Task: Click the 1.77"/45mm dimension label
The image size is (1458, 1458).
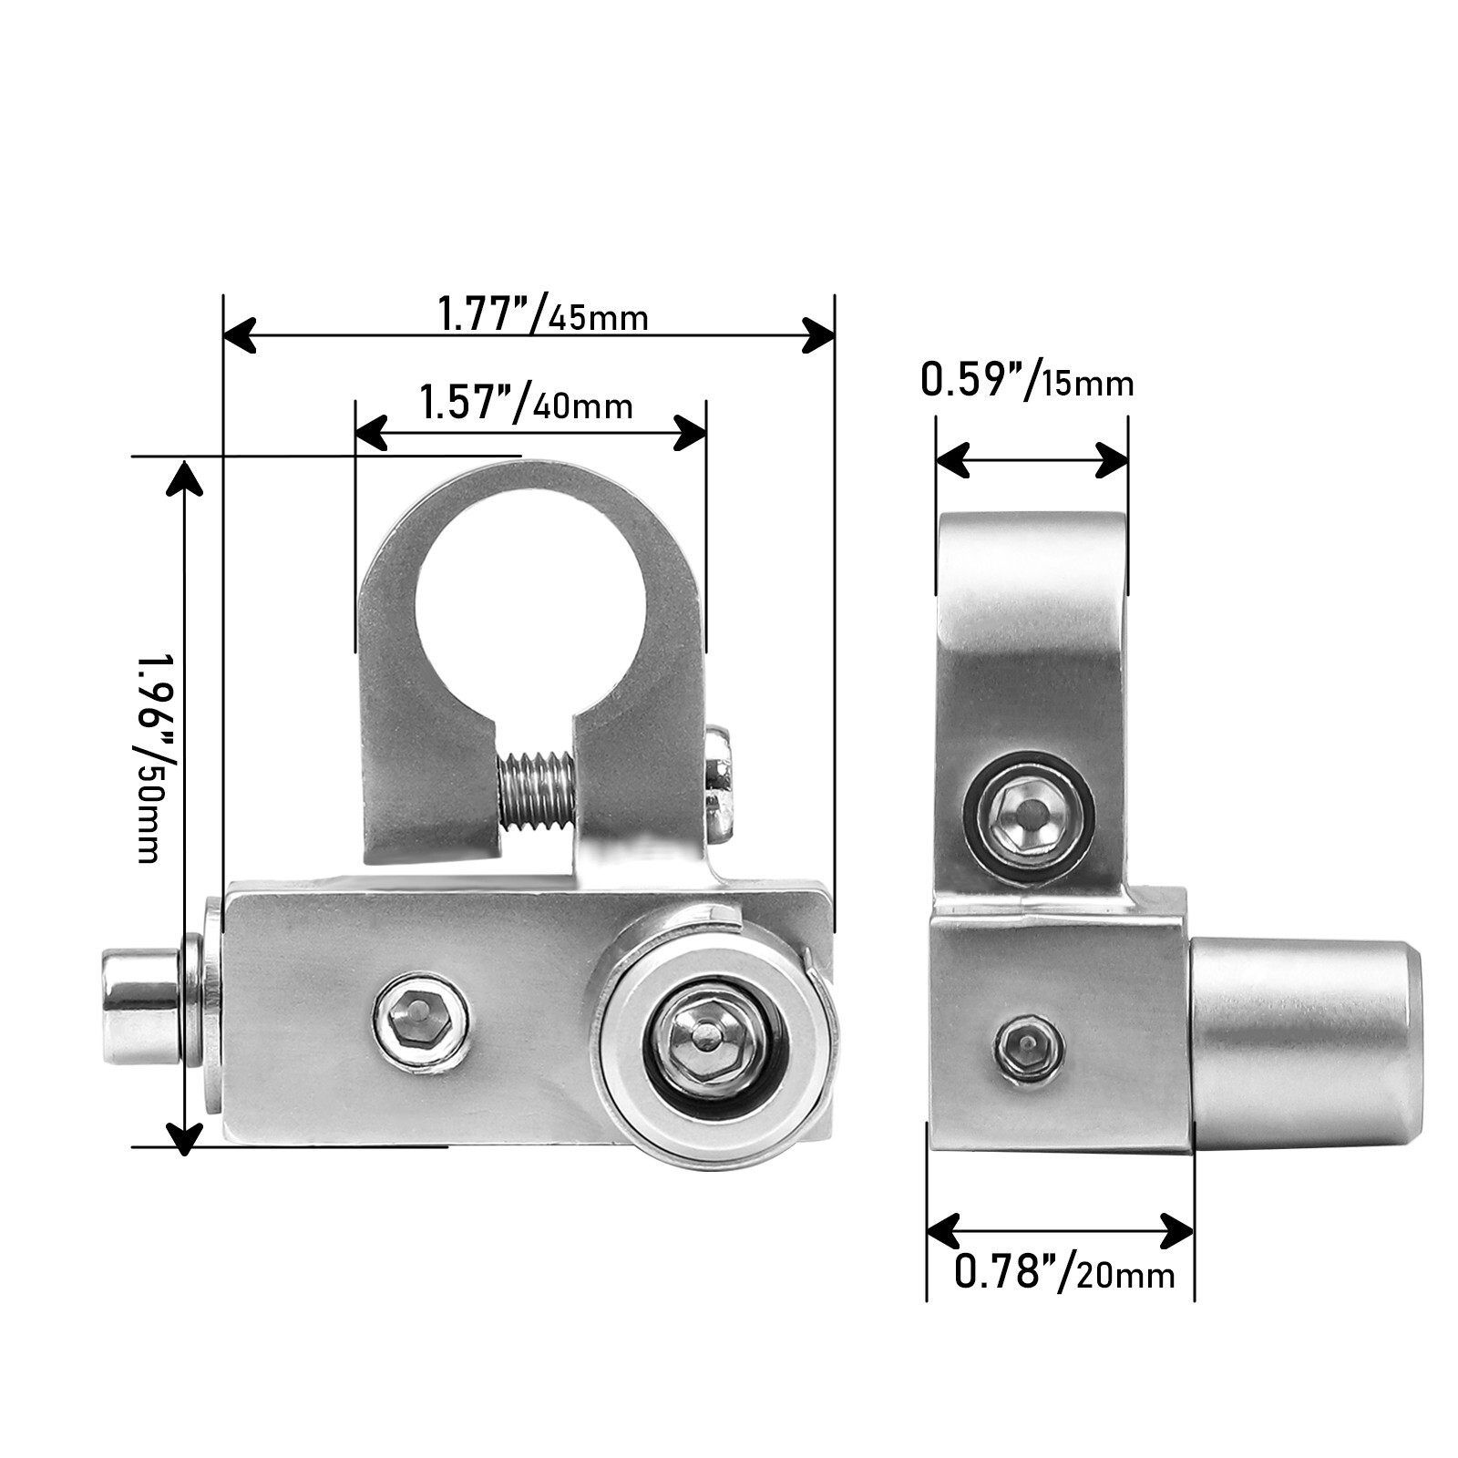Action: coord(542,315)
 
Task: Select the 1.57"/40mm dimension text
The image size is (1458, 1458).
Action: coord(526,403)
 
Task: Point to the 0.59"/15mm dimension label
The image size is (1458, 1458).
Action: coord(1027,381)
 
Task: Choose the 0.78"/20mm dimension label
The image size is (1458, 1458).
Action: coord(1064,1271)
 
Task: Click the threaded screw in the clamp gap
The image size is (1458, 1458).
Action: coord(537,790)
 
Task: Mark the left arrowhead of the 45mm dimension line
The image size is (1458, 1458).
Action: coord(239,335)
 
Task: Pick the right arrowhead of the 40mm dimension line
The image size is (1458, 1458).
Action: coord(691,432)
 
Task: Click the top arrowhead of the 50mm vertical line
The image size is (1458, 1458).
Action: coord(185,478)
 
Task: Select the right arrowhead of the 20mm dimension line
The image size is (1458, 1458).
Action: coord(1177,1232)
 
